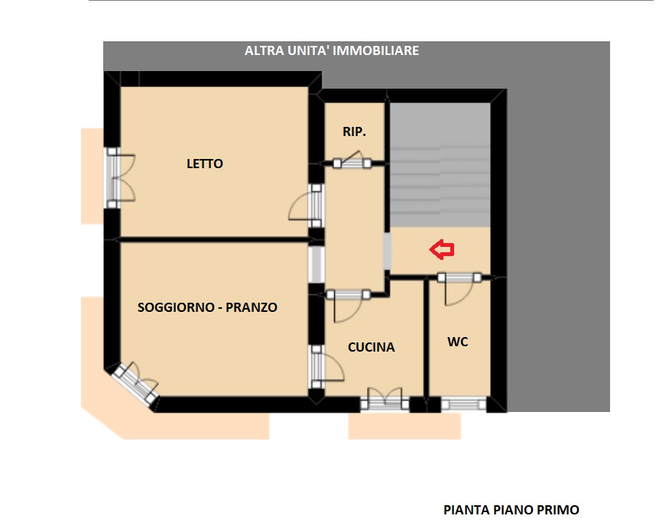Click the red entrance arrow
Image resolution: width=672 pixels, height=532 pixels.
pyautogui.click(x=442, y=250)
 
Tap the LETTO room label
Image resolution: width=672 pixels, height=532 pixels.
pyautogui.click(x=205, y=164)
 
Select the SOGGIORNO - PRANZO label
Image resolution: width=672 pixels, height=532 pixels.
pyautogui.click(x=207, y=307)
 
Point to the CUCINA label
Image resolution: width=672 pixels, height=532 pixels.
pyautogui.click(x=371, y=347)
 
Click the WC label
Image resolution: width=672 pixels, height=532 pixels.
pyautogui.click(x=458, y=342)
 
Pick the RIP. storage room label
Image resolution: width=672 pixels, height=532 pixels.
pyautogui.click(x=355, y=131)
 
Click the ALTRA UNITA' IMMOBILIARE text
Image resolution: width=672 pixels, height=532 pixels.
pyautogui.click(x=332, y=50)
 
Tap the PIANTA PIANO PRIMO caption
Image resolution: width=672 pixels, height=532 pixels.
pyautogui.click(x=511, y=510)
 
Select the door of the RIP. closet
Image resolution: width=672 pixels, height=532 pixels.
pyautogui.click(x=352, y=161)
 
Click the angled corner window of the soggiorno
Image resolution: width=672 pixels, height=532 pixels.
pyautogui.click(x=136, y=382)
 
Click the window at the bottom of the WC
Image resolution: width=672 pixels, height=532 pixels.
pyautogui.click(x=464, y=404)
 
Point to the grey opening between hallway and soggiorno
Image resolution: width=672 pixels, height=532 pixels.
pyautogui.click(x=317, y=264)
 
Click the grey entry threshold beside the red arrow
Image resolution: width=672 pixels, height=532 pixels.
pyautogui.click(x=387, y=251)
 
